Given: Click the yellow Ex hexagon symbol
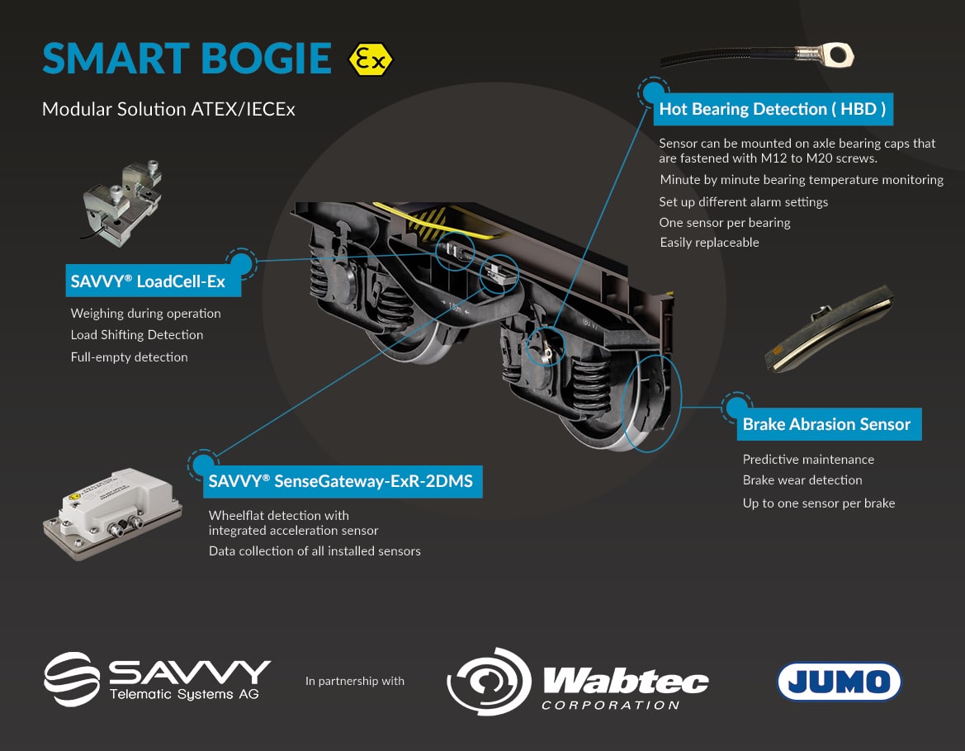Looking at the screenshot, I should tap(371, 59).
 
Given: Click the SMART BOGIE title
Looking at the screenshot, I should tap(187, 59).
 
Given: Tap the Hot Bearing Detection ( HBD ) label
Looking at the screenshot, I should tap(772, 109).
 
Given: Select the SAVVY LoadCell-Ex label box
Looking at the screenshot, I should tap(149, 281).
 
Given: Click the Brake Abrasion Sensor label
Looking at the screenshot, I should tap(826, 424).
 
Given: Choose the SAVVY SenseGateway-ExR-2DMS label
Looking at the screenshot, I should tap(341, 481).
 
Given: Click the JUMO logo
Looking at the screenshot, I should tap(839, 681).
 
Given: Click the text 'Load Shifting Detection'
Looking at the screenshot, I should tap(137, 335).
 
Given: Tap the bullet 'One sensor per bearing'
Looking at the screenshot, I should tap(725, 223).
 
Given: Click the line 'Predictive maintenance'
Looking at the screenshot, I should tap(808, 460).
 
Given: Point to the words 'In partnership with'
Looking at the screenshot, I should tap(355, 681).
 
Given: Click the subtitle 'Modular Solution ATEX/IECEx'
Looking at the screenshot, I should tap(168, 109).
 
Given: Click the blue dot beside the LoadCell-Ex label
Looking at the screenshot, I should tap(241, 264).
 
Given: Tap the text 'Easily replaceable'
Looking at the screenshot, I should tap(709, 243).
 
